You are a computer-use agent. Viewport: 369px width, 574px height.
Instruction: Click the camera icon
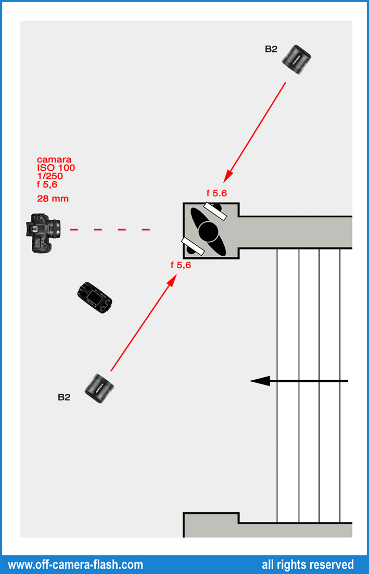43,233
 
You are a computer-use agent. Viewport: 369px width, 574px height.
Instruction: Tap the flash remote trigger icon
94,298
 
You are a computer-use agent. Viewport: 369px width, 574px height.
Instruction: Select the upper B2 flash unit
296,58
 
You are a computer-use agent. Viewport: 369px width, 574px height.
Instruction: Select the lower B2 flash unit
100,388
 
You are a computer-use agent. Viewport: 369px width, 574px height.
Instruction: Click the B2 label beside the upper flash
271,49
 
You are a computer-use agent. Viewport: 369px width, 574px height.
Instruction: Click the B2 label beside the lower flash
64,397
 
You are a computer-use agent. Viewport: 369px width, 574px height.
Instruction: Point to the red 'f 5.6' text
217,193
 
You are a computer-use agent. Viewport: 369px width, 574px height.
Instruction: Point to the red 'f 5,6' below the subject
181,265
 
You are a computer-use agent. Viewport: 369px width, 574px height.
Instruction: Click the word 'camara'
54,159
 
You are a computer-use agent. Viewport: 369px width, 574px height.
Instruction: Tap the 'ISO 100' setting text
56,168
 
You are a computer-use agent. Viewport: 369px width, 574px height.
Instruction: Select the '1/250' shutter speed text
50,176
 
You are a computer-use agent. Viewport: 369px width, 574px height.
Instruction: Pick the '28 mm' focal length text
53,198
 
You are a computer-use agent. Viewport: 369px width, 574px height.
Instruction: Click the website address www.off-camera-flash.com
75,564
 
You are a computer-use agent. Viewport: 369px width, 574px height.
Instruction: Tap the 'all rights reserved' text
308,564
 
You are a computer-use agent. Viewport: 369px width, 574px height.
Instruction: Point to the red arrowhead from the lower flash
171,281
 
